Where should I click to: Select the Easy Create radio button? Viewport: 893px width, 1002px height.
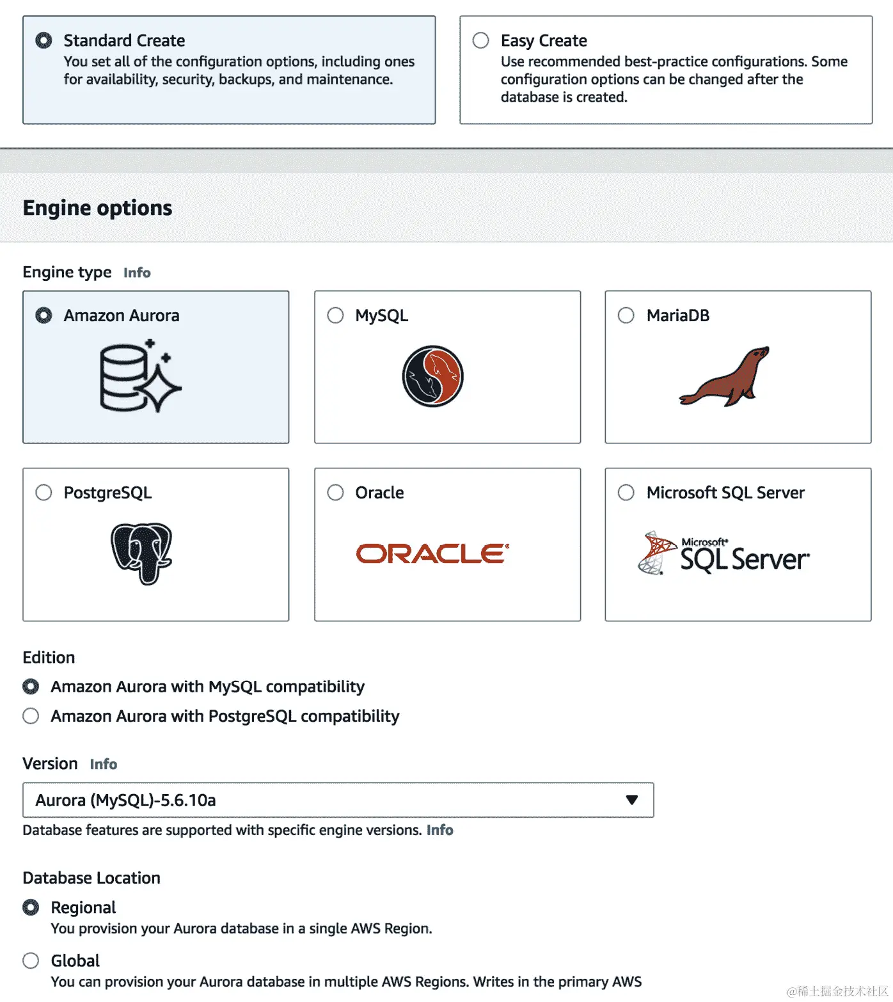tap(480, 40)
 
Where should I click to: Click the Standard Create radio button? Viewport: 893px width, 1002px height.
tap(43, 40)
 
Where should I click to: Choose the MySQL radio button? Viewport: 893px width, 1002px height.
tap(335, 315)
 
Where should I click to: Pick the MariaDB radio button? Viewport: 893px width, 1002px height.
tap(626, 315)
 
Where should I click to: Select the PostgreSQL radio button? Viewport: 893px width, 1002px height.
tap(43, 493)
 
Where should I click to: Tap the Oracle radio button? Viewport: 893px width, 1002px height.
tap(335, 493)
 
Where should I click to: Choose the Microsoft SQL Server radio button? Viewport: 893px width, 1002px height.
tap(626, 493)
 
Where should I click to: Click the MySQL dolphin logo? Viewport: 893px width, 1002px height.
tap(432, 376)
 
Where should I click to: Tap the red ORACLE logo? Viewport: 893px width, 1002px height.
tap(432, 553)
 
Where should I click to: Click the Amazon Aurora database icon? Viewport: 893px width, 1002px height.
tap(141, 376)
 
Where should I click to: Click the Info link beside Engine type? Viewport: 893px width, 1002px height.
tap(137, 273)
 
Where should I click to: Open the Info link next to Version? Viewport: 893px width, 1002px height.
tap(103, 764)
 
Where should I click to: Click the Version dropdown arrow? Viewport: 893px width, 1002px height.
tap(632, 800)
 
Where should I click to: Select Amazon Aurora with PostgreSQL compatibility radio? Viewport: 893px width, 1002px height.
tap(31, 716)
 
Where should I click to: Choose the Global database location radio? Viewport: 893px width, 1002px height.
tap(31, 960)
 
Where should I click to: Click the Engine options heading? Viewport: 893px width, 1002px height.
tap(97, 208)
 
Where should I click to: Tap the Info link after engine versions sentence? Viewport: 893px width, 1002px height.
tap(439, 830)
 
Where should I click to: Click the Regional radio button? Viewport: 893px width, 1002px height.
tap(31, 907)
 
